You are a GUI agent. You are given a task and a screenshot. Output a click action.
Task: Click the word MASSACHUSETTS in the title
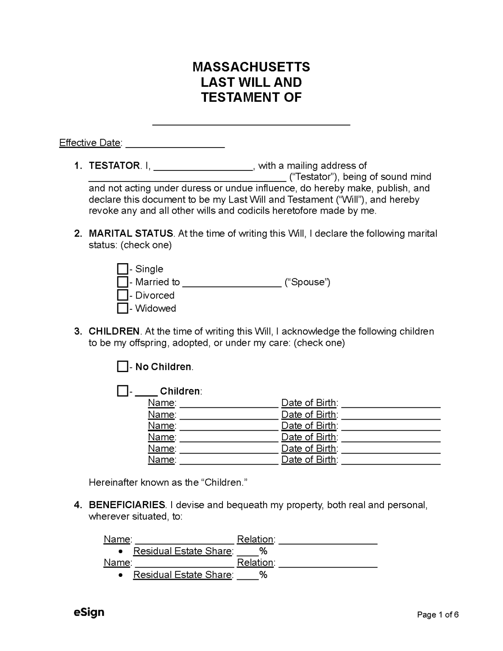click(251, 67)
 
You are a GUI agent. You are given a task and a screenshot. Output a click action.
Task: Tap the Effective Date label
click(90, 143)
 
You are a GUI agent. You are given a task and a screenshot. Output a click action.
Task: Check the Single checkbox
click(122, 269)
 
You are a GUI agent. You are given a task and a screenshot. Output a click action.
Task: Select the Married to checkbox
click(122, 282)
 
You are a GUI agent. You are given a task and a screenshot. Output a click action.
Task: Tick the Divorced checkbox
click(122, 295)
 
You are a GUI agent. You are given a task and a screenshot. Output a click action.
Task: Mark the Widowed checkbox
click(122, 309)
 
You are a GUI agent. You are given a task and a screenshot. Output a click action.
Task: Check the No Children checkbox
click(122, 367)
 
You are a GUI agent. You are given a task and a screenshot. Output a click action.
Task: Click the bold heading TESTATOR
click(114, 166)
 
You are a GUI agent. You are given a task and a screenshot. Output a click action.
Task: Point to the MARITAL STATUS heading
click(131, 234)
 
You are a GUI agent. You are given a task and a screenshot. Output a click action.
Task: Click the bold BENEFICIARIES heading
click(127, 505)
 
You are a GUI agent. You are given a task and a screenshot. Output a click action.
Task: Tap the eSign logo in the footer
click(89, 612)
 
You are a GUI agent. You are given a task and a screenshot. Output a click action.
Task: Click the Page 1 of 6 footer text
click(438, 615)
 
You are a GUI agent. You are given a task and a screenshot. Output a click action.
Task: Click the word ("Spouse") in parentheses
click(308, 282)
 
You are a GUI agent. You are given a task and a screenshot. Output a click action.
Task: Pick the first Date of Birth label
click(309, 403)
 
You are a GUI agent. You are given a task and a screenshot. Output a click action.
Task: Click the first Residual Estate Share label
click(182, 551)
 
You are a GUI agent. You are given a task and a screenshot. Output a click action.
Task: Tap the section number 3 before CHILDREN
click(78, 331)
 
